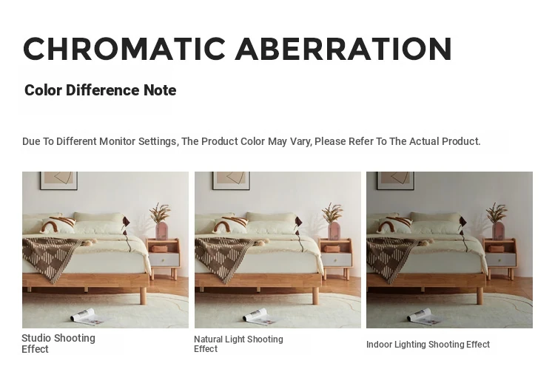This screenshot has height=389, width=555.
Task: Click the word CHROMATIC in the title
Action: (x=124, y=49)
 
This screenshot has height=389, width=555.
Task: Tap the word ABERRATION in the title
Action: (x=343, y=49)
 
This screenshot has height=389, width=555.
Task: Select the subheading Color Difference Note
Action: (x=100, y=90)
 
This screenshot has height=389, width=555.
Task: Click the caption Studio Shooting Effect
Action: (x=58, y=343)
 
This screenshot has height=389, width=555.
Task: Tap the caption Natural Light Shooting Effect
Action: (x=238, y=344)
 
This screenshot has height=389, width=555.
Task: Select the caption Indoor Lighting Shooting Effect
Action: (x=428, y=345)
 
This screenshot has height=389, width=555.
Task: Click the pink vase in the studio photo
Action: (x=162, y=230)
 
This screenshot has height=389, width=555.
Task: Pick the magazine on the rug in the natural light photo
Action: (x=260, y=316)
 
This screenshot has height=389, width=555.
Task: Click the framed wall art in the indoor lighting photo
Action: (x=395, y=180)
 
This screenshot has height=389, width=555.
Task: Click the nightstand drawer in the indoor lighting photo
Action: (x=501, y=260)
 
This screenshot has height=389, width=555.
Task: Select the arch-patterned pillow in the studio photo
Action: (x=58, y=226)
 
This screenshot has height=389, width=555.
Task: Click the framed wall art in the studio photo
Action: (x=58, y=180)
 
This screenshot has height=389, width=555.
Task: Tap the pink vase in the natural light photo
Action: (x=334, y=230)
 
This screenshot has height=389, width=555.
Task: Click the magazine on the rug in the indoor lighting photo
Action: (x=424, y=316)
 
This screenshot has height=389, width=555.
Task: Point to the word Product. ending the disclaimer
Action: (x=461, y=141)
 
